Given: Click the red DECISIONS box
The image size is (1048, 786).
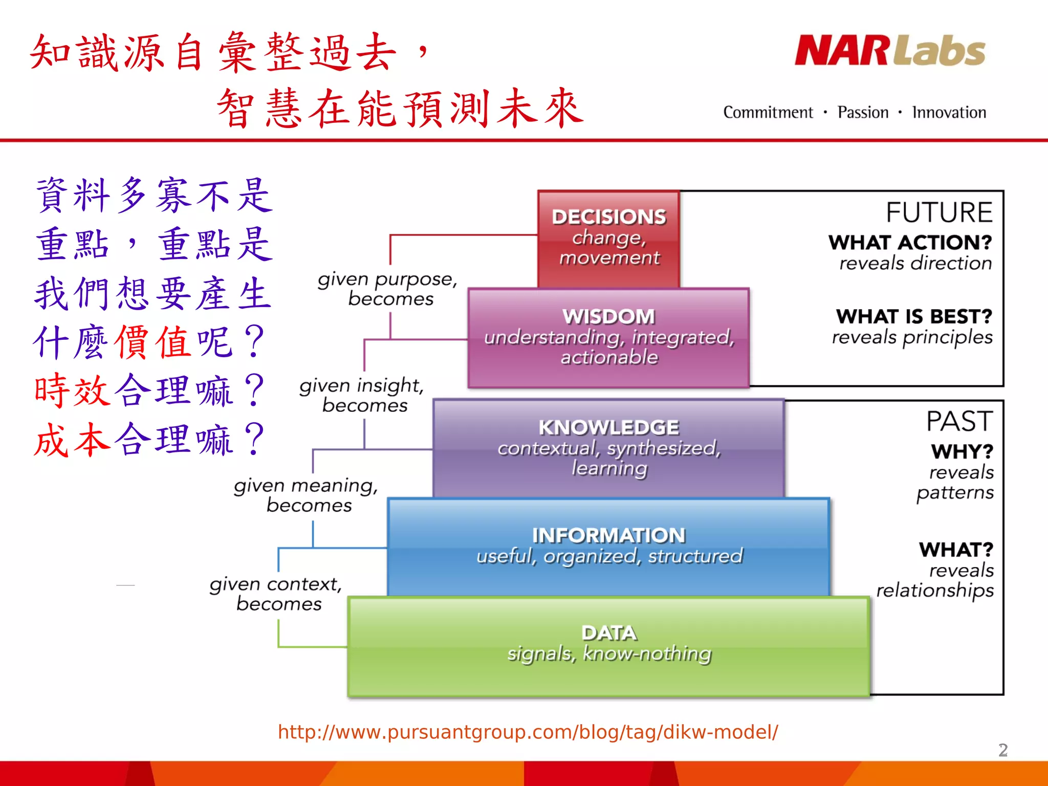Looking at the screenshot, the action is [x=608, y=238].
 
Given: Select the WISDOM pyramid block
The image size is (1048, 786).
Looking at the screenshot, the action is [x=608, y=337].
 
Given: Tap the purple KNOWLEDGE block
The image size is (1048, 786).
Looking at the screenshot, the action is [x=608, y=447].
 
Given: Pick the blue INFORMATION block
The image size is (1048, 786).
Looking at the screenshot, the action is [x=608, y=546].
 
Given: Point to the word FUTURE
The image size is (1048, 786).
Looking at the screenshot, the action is [x=939, y=212].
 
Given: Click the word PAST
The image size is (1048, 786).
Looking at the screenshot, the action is [x=959, y=422].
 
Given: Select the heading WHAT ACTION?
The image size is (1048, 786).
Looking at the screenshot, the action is [x=910, y=243].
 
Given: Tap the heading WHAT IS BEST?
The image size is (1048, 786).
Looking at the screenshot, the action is [x=914, y=317].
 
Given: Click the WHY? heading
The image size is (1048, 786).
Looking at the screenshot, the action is [x=962, y=452].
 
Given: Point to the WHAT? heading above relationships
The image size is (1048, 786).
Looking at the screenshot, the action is [x=956, y=550].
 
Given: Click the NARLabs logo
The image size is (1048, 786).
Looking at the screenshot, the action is [x=890, y=51].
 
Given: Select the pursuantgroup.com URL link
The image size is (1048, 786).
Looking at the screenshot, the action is [x=528, y=732].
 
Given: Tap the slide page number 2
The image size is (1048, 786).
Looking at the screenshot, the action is [x=1003, y=750].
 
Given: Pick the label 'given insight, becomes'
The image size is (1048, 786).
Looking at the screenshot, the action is [x=362, y=395].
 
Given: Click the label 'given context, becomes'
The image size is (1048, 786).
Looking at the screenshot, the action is [x=276, y=594].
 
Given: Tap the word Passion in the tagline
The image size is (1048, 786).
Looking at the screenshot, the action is [x=863, y=113].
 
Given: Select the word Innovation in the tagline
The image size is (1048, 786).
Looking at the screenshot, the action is [x=949, y=113].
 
